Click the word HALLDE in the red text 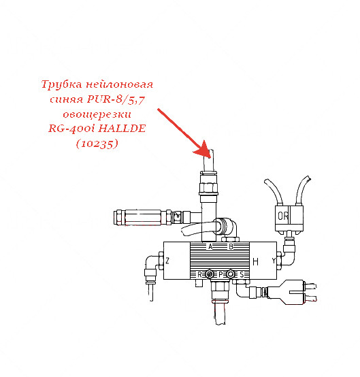pos(122,128)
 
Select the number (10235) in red pos(97,144)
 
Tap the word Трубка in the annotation pos(61,84)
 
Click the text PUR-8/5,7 pos(116,99)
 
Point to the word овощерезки pos(97,114)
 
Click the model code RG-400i pos(72,129)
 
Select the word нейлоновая pos(119,84)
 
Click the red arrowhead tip pos(210,157)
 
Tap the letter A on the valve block pos(210,246)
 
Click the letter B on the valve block pos(231,246)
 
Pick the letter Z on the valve pos(167,261)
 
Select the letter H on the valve pos(256,261)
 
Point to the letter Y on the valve pos(274,261)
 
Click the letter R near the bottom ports pos(199,274)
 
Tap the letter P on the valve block pos(220,274)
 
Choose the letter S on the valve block pos(242,274)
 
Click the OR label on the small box pos(283,216)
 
